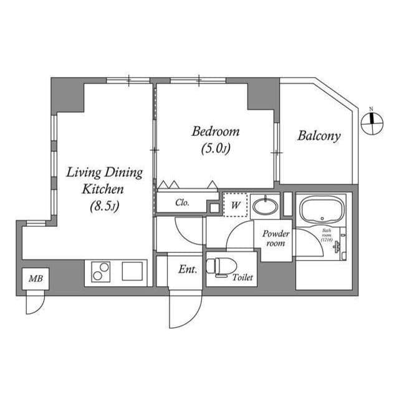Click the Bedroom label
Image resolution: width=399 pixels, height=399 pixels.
click(x=215, y=132)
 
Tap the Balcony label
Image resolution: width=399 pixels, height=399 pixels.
click(x=319, y=136)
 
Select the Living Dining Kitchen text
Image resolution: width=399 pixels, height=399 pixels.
click(x=104, y=180)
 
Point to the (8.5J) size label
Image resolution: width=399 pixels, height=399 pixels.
click(x=104, y=206)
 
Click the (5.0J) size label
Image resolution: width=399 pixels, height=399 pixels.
click(x=216, y=149)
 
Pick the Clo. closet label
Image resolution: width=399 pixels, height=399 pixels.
click(x=182, y=203)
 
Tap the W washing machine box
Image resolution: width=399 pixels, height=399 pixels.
click(x=236, y=204)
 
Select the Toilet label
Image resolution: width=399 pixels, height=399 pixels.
click(x=243, y=277)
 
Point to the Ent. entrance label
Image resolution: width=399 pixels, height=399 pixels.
click(x=188, y=270)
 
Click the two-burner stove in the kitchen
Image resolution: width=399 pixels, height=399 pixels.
click(x=100, y=271)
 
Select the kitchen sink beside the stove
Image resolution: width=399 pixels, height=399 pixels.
click(x=132, y=271)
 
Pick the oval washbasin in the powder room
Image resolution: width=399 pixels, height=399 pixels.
click(x=266, y=205)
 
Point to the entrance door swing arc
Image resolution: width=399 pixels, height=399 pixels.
click(x=186, y=312)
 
